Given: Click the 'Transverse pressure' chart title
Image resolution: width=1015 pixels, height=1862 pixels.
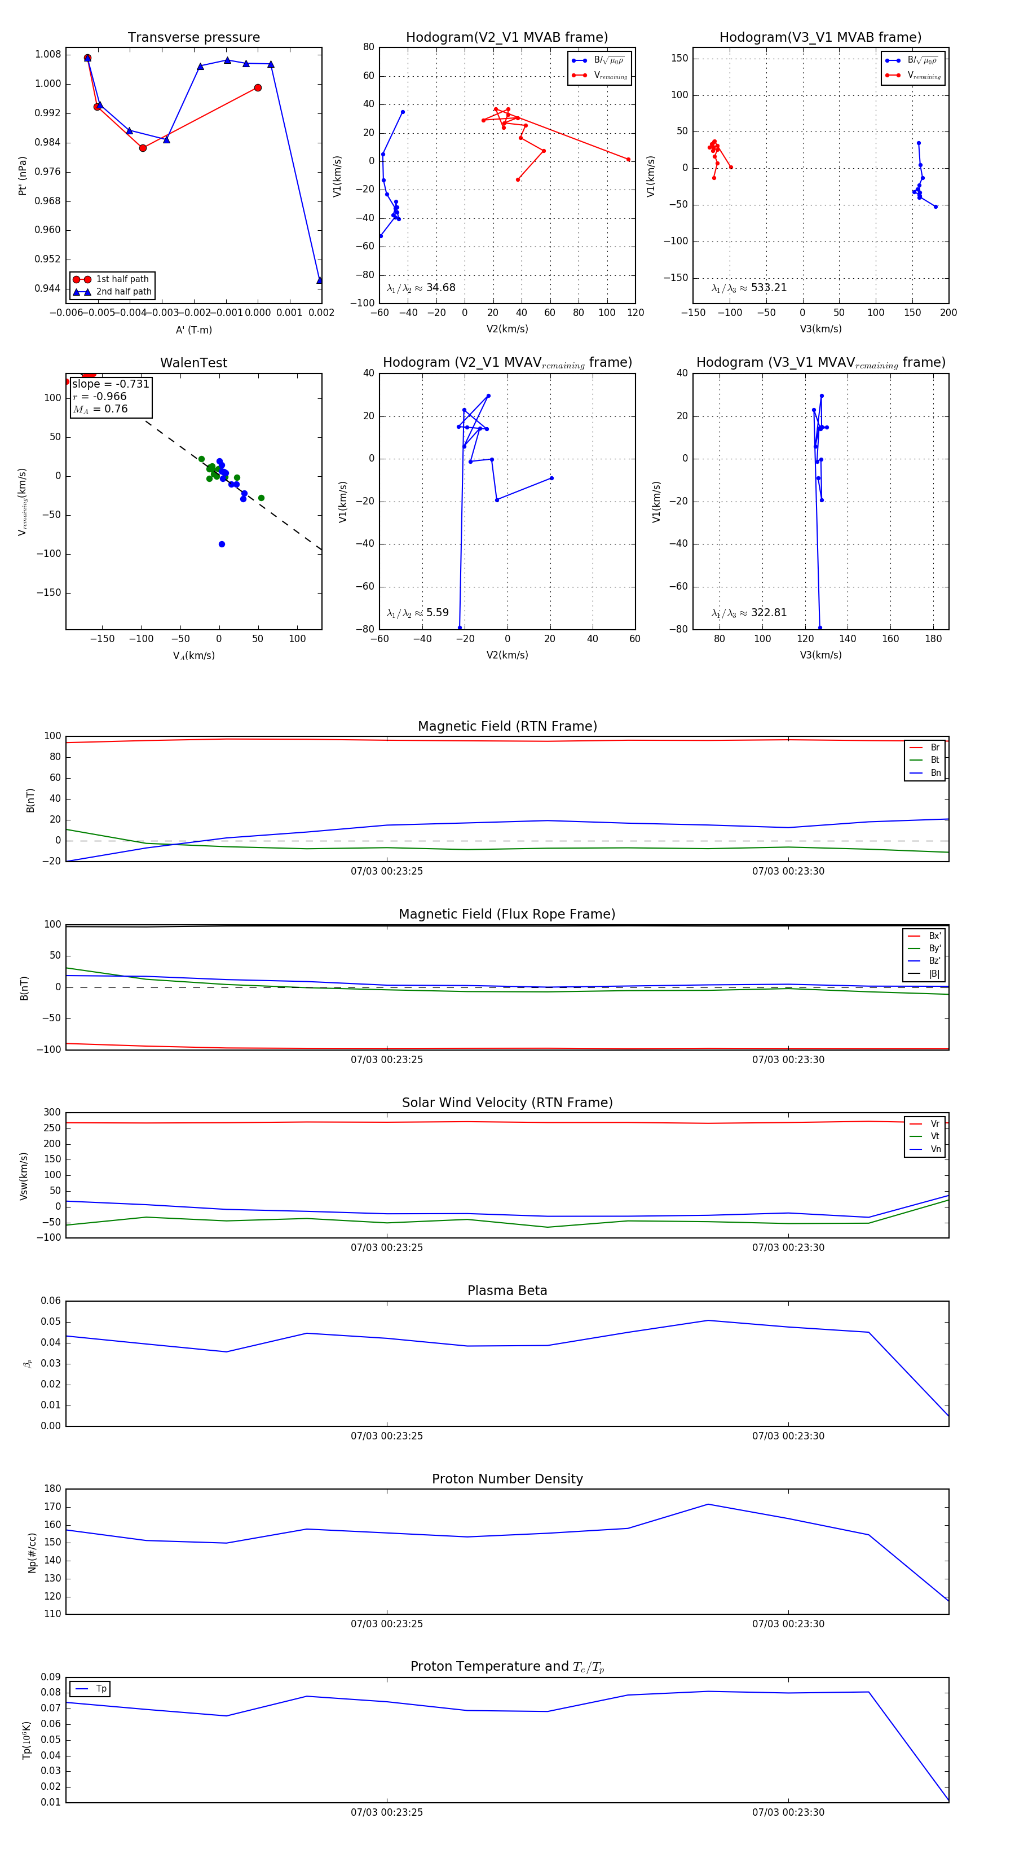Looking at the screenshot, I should pyautogui.click(x=193, y=38).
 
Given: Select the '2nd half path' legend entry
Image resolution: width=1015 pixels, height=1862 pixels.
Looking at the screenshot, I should pyautogui.click(x=123, y=292).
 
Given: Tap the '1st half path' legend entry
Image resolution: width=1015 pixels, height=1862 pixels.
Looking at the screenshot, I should pyautogui.click(x=122, y=279).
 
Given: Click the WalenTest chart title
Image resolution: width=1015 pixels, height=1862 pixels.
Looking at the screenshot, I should pyautogui.click(x=193, y=363).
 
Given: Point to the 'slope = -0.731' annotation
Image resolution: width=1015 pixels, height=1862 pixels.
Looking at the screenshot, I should pyautogui.click(x=111, y=384).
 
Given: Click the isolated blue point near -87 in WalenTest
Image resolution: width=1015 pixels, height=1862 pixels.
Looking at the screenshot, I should pyautogui.click(x=222, y=544).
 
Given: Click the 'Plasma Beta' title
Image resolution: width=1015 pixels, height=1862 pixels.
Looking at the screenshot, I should pyautogui.click(x=507, y=1290).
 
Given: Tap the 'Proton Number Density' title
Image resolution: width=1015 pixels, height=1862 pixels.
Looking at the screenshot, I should pyautogui.click(x=507, y=1479).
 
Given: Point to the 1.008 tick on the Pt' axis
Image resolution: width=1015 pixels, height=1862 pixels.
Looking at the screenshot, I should pyautogui.click(x=48, y=54).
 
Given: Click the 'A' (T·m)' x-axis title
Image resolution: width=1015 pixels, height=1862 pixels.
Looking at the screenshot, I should pyautogui.click(x=193, y=330).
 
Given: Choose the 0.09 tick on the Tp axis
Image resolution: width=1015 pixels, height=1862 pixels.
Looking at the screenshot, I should pyautogui.click(x=51, y=1677).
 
